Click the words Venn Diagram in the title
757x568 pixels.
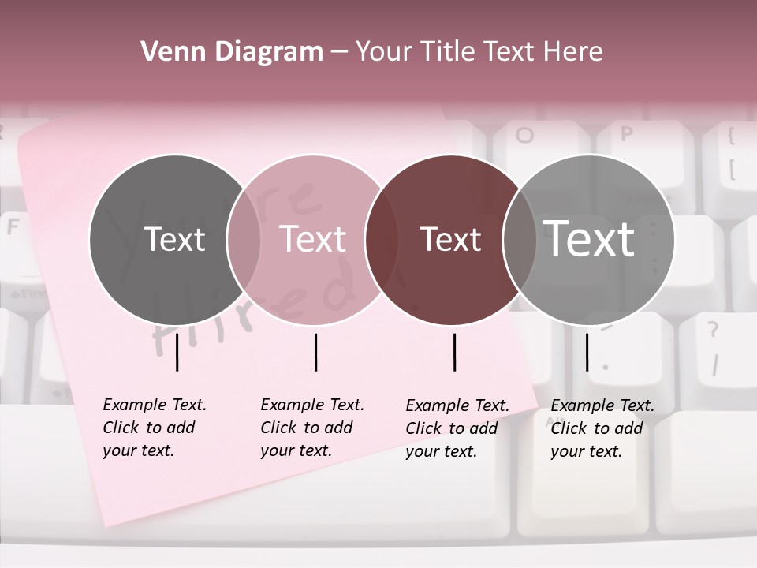232,52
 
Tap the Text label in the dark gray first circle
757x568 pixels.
174,239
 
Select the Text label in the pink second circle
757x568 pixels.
312,239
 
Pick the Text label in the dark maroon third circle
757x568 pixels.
450,239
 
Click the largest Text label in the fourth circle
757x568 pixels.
589,238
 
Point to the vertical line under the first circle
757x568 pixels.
177,352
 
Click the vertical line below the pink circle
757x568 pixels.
315,352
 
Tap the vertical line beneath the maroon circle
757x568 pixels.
454,352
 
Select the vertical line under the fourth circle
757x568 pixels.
587,352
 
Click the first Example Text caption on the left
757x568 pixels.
154,428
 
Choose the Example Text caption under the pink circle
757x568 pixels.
311,428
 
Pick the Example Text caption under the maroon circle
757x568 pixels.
457,428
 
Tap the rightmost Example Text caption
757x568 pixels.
602,428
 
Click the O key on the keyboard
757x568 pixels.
524,136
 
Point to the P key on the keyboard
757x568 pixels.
626,134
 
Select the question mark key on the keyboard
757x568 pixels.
713,330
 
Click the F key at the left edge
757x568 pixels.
13,227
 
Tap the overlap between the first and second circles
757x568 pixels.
244,239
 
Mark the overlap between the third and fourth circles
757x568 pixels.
520,239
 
